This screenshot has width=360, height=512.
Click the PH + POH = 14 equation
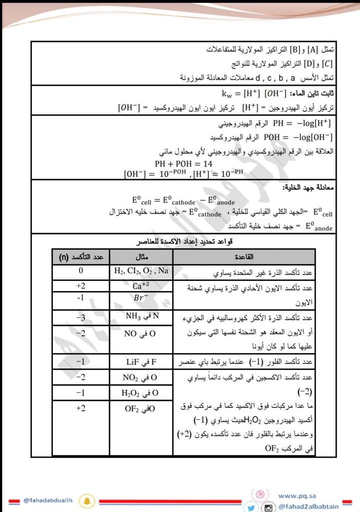point(183,164)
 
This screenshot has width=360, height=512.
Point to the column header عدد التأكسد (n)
point(81,257)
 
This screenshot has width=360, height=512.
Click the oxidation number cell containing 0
point(81,271)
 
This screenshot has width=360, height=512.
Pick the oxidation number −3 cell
point(81,317)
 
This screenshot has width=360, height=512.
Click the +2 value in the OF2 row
point(81,408)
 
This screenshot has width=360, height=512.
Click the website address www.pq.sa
point(295,495)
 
